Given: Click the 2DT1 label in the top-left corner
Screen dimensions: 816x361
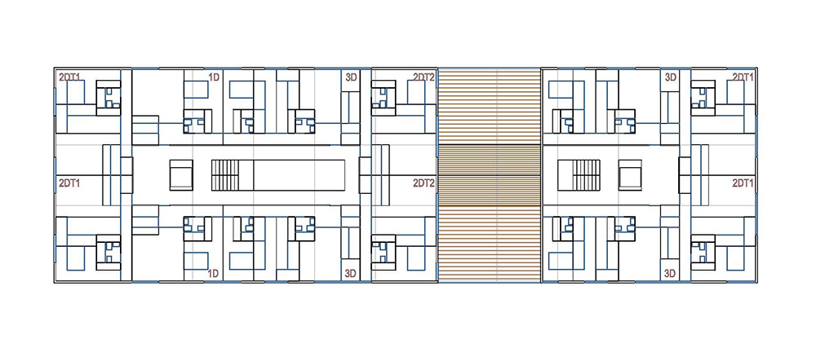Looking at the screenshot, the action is click(69, 77).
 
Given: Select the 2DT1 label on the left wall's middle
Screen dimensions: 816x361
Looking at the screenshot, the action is click(69, 183).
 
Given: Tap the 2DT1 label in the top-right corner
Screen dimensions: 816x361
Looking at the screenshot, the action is click(743, 77).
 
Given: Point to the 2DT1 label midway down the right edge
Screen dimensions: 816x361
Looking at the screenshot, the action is click(743, 183).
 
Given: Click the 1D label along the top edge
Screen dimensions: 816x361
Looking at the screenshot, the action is click(213, 77).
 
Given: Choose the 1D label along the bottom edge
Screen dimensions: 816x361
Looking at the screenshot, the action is click(212, 273).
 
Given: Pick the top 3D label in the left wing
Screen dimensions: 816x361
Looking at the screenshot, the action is click(351, 77).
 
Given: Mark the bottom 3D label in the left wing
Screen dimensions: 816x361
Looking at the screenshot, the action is click(351, 273).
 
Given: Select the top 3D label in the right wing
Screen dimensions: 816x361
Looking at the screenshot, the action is click(671, 77).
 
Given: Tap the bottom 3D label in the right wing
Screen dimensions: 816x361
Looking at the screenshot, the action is click(671, 273).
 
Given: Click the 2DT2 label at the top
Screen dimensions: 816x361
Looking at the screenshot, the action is click(424, 77).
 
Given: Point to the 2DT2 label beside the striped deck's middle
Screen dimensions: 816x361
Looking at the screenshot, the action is click(424, 183).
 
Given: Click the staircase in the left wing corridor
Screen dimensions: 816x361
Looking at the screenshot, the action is click(225, 175).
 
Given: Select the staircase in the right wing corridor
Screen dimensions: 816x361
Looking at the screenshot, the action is click(586, 175).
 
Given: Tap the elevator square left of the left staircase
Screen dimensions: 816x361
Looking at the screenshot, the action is click(181, 175).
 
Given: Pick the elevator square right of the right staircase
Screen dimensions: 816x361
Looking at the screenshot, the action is click(630, 175).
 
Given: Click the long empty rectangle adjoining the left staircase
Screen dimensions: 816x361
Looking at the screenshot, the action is click(299, 175).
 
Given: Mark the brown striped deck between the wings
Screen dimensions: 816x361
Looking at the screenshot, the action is click(490, 175).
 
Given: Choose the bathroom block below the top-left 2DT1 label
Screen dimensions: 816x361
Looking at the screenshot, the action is click(109, 98).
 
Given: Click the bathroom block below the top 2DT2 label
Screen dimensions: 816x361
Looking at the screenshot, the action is click(384, 98).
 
